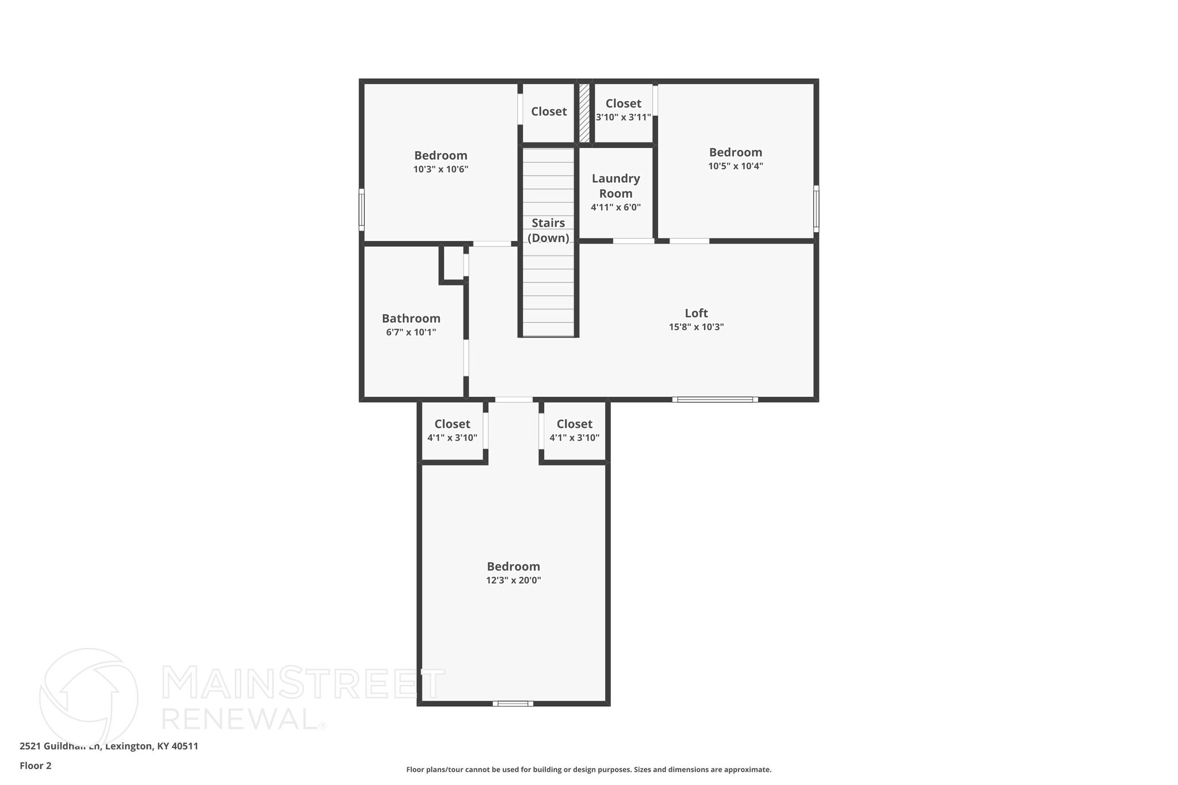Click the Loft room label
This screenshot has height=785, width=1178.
(696, 313)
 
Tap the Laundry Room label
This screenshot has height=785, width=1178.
(615, 186)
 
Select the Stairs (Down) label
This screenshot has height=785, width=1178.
(548, 230)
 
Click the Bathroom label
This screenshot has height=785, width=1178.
(411, 319)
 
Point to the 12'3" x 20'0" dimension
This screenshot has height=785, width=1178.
(513, 580)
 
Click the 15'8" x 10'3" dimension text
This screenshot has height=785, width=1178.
(696, 327)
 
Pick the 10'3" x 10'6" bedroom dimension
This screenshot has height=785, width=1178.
(441, 170)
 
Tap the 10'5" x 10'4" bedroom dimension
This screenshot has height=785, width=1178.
(735, 166)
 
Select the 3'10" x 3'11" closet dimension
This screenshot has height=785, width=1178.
(623, 117)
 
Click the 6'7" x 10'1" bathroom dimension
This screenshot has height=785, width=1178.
(411, 332)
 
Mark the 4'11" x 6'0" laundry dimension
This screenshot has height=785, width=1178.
(615, 208)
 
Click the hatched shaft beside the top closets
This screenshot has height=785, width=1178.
(584, 113)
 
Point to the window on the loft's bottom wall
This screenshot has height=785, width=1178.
(715, 399)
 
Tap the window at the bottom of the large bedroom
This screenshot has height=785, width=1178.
(512, 703)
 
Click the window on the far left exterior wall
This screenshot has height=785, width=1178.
(362, 209)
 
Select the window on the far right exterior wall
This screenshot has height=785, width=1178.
(816, 209)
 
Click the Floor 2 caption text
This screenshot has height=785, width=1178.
(36, 766)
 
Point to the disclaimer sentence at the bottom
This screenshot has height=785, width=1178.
(588, 769)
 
